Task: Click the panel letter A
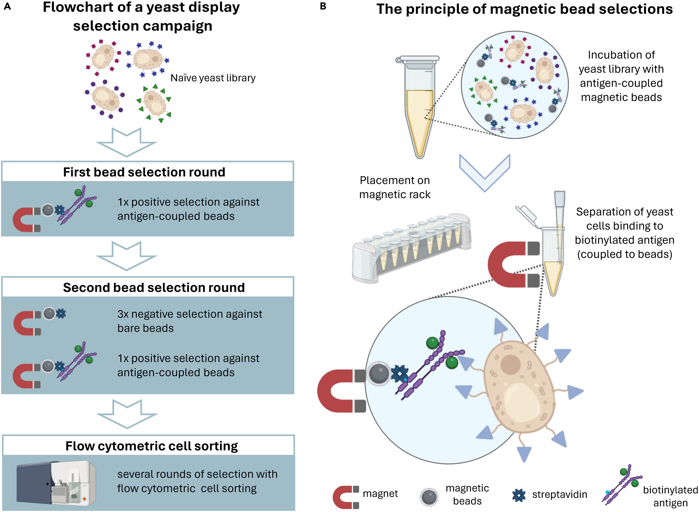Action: pos(7,6)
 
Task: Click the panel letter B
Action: pos(323,6)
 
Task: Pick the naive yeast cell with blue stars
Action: pos(147,59)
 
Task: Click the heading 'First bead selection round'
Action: pos(144,172)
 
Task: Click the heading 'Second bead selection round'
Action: pos(154,287)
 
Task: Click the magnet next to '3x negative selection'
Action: pos(26,323)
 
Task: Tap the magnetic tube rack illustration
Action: pos(412,248)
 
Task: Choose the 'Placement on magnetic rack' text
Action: pos(395,187)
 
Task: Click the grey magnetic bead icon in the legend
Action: pos(429,497)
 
